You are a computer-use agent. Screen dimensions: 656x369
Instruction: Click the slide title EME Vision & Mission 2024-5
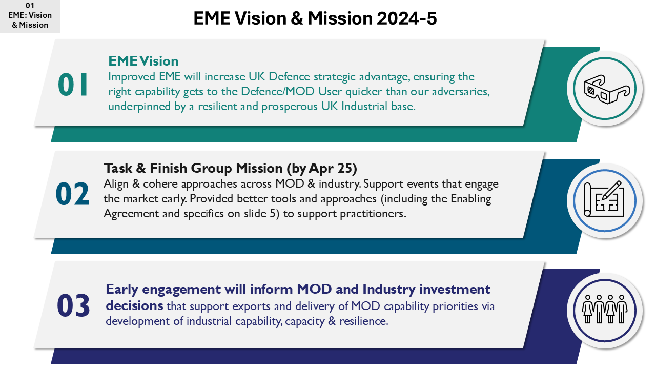(315, 18)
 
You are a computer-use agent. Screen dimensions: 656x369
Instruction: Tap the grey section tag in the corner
(30, 16)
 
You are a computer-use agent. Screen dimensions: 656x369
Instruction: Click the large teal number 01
(73, 85)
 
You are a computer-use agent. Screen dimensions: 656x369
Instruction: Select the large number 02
(73, 194)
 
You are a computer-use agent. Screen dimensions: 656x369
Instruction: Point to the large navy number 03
(73, 305)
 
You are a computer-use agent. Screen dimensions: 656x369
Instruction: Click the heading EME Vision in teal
(143, 61)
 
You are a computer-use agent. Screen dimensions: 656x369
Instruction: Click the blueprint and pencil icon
(604, 199)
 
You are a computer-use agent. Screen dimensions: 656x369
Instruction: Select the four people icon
(605, 309)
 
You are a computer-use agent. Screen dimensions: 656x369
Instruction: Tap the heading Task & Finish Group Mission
(194, 168)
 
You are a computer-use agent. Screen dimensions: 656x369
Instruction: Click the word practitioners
(373, 214)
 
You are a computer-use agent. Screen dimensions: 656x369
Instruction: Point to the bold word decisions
(134, 306)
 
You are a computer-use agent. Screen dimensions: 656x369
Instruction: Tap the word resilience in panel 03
(364, 321)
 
